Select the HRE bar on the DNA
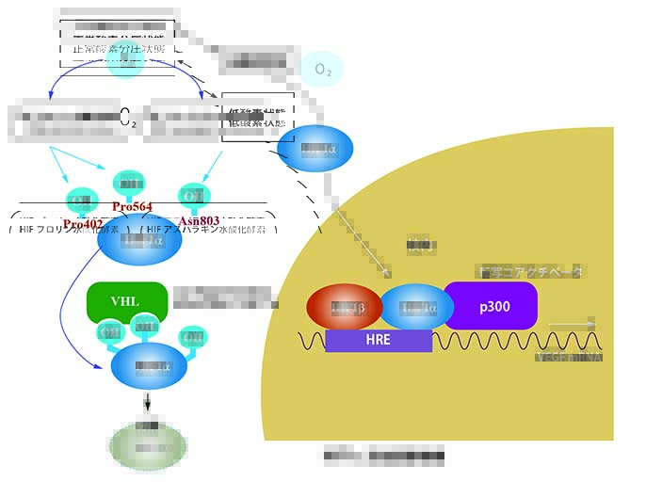coord(379,340)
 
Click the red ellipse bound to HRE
coord(343,308)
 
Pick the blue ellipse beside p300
coord(415,308)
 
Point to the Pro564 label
coord(132,207)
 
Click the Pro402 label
coord(83,223)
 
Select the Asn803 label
coord(199,221)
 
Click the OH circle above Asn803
coord(194,196)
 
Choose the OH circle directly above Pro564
coord(129,182)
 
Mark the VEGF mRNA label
coord(567,357)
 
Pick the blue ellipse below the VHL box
coord(149,366)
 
